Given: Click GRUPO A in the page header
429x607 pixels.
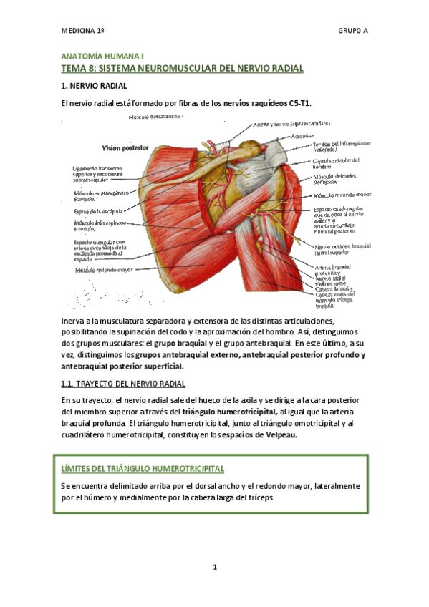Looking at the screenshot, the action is point(354,31).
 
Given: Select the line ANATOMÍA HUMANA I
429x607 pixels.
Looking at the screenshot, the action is point(102,54).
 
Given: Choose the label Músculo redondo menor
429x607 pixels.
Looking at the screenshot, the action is point(342,193).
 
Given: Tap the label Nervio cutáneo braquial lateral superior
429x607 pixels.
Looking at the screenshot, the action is point(342,249).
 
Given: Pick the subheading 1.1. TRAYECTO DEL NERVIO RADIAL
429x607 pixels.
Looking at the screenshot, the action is point(123,384).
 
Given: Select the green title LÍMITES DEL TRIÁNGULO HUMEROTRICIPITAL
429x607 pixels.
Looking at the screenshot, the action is point(143,469).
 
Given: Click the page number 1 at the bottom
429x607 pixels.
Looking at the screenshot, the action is point(214,568).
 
